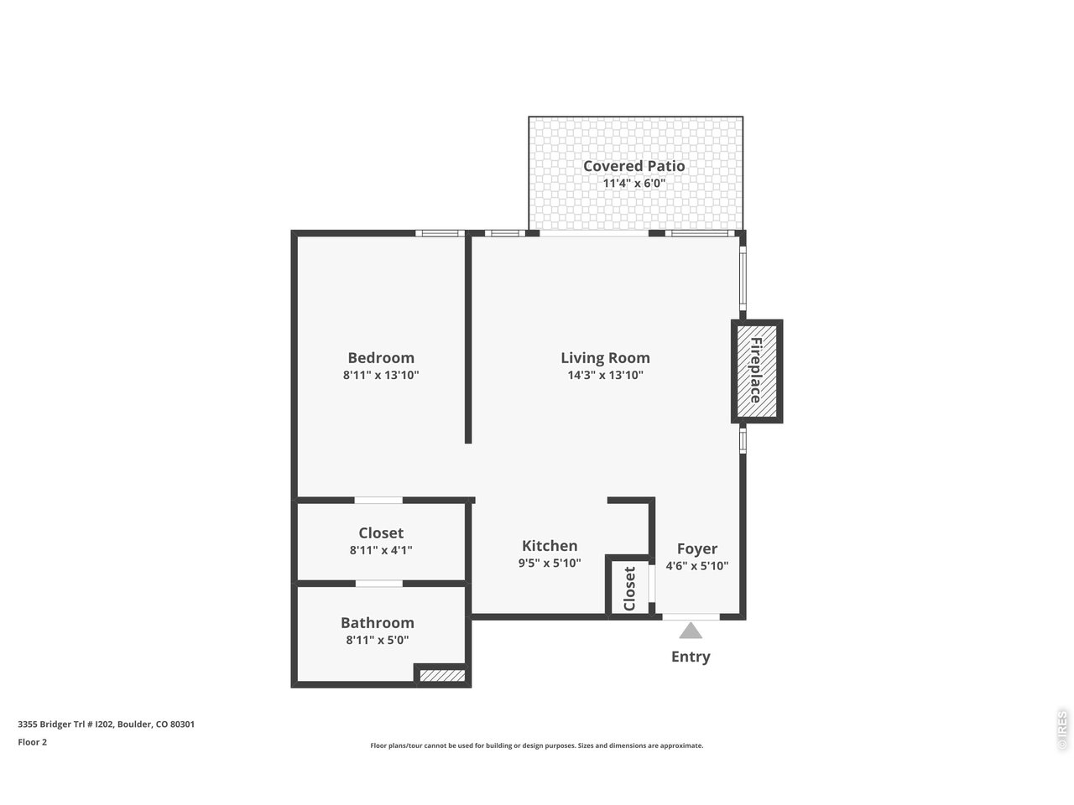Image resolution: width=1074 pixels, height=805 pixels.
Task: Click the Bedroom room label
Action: [381, 358]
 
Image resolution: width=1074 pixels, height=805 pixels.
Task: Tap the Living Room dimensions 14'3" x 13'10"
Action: [605, 376]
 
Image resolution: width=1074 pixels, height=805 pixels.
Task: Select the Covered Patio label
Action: [633, 166]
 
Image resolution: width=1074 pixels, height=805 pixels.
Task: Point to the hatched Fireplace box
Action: [756, 371]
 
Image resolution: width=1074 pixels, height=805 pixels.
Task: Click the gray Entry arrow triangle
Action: [691, 631]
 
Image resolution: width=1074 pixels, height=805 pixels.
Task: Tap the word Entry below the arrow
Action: [691, 657]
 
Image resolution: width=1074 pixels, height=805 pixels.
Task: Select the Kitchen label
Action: [550, 546]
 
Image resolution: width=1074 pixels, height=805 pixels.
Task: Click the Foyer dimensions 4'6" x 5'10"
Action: [696, 566]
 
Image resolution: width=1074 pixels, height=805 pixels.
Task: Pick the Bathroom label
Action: [377, 623]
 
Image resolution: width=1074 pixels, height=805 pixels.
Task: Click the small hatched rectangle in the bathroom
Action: [442, 675]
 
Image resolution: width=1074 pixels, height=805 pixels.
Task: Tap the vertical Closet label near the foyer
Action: [630, 589]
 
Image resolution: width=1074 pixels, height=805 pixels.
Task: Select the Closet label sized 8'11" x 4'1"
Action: [381, 533]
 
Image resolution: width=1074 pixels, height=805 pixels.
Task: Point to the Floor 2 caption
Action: [33, 742]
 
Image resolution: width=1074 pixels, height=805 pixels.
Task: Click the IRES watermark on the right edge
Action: [1061, 730]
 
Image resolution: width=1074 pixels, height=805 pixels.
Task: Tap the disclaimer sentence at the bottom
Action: [537, 745]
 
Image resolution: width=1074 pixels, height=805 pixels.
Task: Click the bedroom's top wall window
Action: [440, 233]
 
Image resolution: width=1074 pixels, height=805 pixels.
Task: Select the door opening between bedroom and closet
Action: [378, 501]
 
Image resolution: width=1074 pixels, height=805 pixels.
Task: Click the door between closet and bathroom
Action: [378, 583]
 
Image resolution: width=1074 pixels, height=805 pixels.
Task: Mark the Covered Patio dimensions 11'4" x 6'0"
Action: [633, 184]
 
